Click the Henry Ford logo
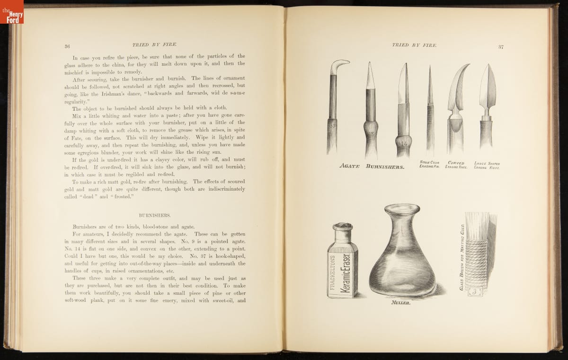point(12,12)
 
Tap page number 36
point(67,46)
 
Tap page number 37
point(501,46)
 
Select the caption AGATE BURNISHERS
point(372,167)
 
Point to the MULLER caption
point(400,304)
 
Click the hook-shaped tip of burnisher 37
point(340,63)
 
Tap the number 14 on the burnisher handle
point(403,142)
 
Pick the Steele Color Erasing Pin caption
point(430,165)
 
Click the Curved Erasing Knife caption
point(457,165)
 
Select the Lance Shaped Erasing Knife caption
point(487,165)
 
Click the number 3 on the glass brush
point(474,291)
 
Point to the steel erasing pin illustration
point(430,109)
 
